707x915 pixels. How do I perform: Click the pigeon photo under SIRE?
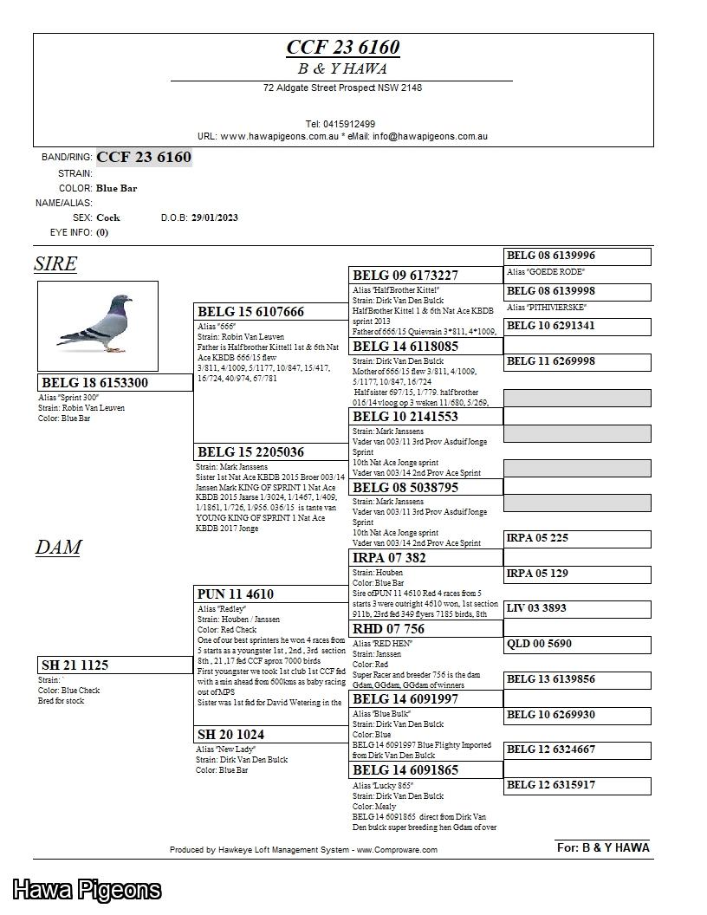click(97, 326)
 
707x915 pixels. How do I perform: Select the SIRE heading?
click(55, 264)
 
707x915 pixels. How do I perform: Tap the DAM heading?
click(58, 548)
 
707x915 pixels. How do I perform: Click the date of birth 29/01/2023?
click(214, 217)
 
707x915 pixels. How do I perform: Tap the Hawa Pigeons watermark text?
click(87, 890)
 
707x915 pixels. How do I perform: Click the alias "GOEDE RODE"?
click(546, 272)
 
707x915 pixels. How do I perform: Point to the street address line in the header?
click(342, 88)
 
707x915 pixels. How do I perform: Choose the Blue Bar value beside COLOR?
click(117, 188)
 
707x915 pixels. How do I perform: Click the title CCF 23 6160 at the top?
click(342, 47)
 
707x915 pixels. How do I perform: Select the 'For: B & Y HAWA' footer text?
click(602, 847)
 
